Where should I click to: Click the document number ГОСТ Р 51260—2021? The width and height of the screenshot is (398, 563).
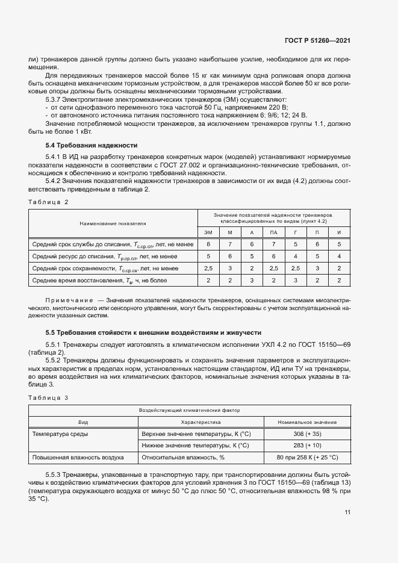tap(318, 40)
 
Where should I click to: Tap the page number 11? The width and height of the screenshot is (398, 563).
tap(347, 512)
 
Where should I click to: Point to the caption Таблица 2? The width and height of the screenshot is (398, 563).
tap(49, 202)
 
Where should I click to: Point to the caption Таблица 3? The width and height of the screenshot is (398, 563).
tap(49, 397)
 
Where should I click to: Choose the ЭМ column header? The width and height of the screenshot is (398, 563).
tap(208, 232)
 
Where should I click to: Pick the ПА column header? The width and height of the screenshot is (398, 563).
tap(274, 232)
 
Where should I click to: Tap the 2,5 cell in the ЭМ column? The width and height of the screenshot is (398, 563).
tap(208, 268)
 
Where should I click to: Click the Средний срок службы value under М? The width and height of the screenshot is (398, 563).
tap(230, 244)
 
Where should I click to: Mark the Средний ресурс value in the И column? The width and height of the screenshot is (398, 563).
tap(339, 256)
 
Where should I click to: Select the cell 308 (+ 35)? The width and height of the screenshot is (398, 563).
tap(307, 434)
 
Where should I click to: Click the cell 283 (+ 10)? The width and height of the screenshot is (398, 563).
tap(307, 446)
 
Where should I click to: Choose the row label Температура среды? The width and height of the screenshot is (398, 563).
tap(60, 434)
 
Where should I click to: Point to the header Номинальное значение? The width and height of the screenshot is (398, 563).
tap(307, 422)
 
